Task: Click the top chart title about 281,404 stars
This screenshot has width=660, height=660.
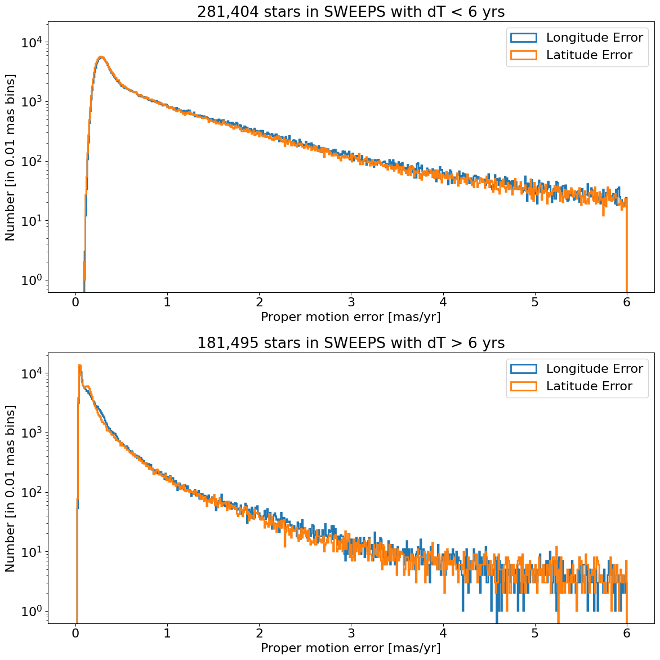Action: coord(351,12)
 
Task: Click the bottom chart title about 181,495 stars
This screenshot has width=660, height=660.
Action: coord(351,343)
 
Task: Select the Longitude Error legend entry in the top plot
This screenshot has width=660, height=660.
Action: coord(594,38)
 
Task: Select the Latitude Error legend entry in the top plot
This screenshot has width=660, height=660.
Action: coord(589,55)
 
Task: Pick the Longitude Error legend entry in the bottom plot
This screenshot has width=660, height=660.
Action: coord(594,369)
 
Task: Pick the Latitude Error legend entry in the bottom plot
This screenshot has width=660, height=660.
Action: coord(589,386)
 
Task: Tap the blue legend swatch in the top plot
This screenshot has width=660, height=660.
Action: coord(523,38)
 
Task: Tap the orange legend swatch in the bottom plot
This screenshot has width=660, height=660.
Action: coord(523,386)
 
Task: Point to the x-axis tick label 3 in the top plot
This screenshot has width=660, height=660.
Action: coord(351,301)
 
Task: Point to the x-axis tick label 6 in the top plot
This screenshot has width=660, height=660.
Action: coord(627,301)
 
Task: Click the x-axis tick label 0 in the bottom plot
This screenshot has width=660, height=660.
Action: coord(75,632)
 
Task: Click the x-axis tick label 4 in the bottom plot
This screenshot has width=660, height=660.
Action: coord(443,632)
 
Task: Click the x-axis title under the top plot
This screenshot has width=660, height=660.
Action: coord(351,317)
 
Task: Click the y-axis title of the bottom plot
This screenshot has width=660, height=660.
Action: coord(11,488)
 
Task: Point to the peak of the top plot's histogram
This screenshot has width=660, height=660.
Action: coord(101,57)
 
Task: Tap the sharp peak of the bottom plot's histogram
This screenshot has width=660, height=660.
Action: coord(79,365)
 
